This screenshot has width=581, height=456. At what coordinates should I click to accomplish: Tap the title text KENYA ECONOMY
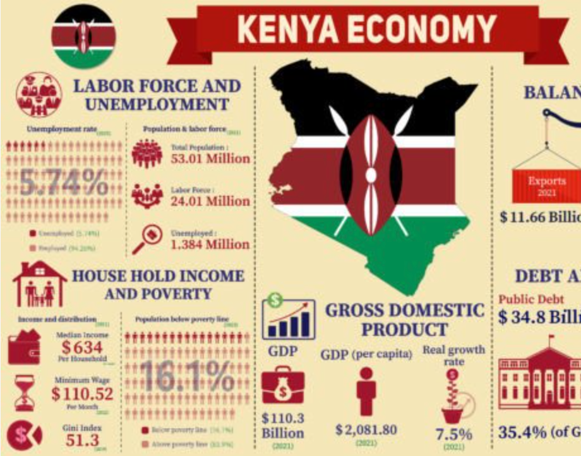coord(366,28)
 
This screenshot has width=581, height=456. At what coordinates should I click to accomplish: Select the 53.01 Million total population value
coord(210,158)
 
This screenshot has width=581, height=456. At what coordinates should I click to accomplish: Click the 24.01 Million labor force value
coord(210,201)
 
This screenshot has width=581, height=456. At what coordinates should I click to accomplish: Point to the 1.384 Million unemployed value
coord(210,244)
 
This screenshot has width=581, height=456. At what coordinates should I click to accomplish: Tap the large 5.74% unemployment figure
coord(63,183)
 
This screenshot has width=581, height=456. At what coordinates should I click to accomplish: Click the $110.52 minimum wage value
coord(83,394)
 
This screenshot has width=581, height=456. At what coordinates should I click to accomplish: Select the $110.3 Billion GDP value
coord(282,426)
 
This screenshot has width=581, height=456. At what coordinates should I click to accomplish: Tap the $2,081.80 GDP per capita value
coord(366,430)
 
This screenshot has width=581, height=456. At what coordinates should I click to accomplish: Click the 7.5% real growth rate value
coord(453,435)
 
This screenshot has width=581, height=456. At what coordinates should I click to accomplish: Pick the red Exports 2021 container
coord(547,184)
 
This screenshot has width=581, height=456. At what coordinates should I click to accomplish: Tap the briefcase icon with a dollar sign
coord(282,387)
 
